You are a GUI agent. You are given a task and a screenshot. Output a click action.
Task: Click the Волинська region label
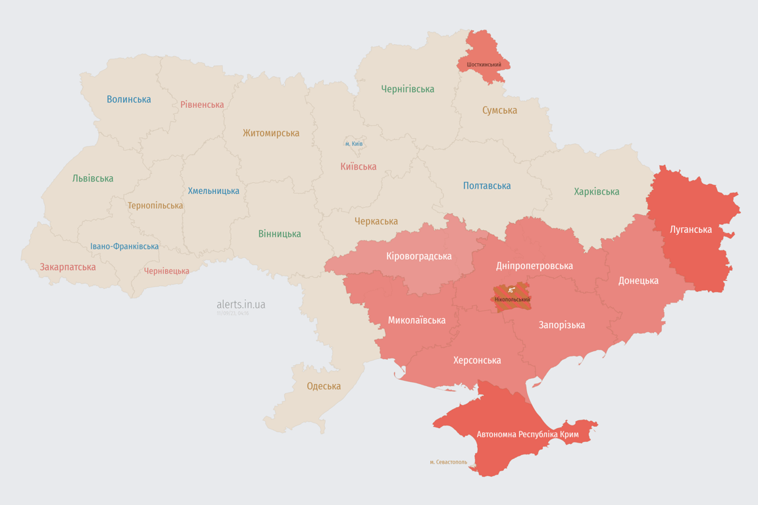[x=129, y=99]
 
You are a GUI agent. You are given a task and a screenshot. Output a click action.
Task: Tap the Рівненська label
[x=202, y=105]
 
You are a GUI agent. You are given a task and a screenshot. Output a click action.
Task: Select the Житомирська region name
[x=270, y=133]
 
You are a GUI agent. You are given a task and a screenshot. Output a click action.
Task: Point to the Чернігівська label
[x=407, y=89]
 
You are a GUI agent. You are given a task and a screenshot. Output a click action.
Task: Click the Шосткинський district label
[x=484, y=64]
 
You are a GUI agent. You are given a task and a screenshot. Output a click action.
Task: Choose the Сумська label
[x=499, y=110]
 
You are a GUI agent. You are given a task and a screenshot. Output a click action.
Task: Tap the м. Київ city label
[x=354, y=143]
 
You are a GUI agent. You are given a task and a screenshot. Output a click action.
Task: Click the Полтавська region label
[x=487, y=186]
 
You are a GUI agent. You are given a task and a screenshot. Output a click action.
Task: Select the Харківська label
[x=596, y=192]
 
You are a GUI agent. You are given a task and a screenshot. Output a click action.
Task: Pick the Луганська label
[x=691, y=229]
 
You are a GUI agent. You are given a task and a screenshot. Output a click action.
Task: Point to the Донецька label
[x=638, y=281]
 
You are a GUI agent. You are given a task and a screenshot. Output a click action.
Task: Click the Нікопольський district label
[x=512, y=300]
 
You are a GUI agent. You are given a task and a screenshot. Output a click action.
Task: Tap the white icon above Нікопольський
[x=511, y=290]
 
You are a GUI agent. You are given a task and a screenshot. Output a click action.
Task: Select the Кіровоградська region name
[x=418, y=256]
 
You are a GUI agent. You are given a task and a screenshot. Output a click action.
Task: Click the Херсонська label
[x=477, y=360]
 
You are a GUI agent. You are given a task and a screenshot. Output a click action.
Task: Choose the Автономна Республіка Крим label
[x=528, y=435]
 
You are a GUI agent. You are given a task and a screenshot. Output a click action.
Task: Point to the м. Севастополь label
[x=448, y=462]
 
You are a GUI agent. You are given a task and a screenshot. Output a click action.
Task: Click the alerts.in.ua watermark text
[x=241, y=304]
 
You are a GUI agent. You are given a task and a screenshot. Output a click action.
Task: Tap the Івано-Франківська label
[x=124, y=247]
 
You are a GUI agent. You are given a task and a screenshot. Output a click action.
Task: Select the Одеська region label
[x=324, y=386]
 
